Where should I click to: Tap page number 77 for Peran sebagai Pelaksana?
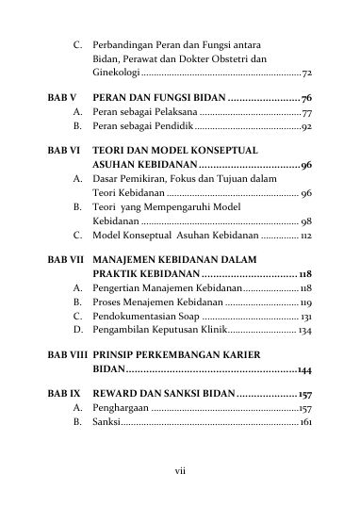tap(307, 113)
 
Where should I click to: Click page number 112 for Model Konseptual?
tap(305, 233)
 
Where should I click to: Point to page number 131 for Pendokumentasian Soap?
tap(305, 318)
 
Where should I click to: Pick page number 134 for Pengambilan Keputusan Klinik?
tap(305, 332)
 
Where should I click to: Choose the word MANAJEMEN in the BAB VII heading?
tap(135, 256)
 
